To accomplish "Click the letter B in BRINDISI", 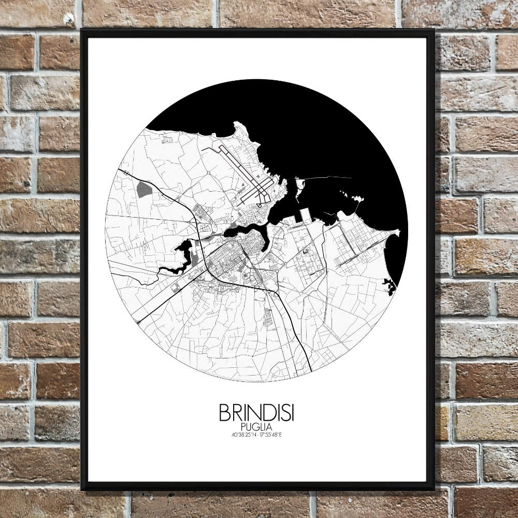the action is click(x=224, y=413).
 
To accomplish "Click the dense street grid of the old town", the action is click(x=228, y=259).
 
